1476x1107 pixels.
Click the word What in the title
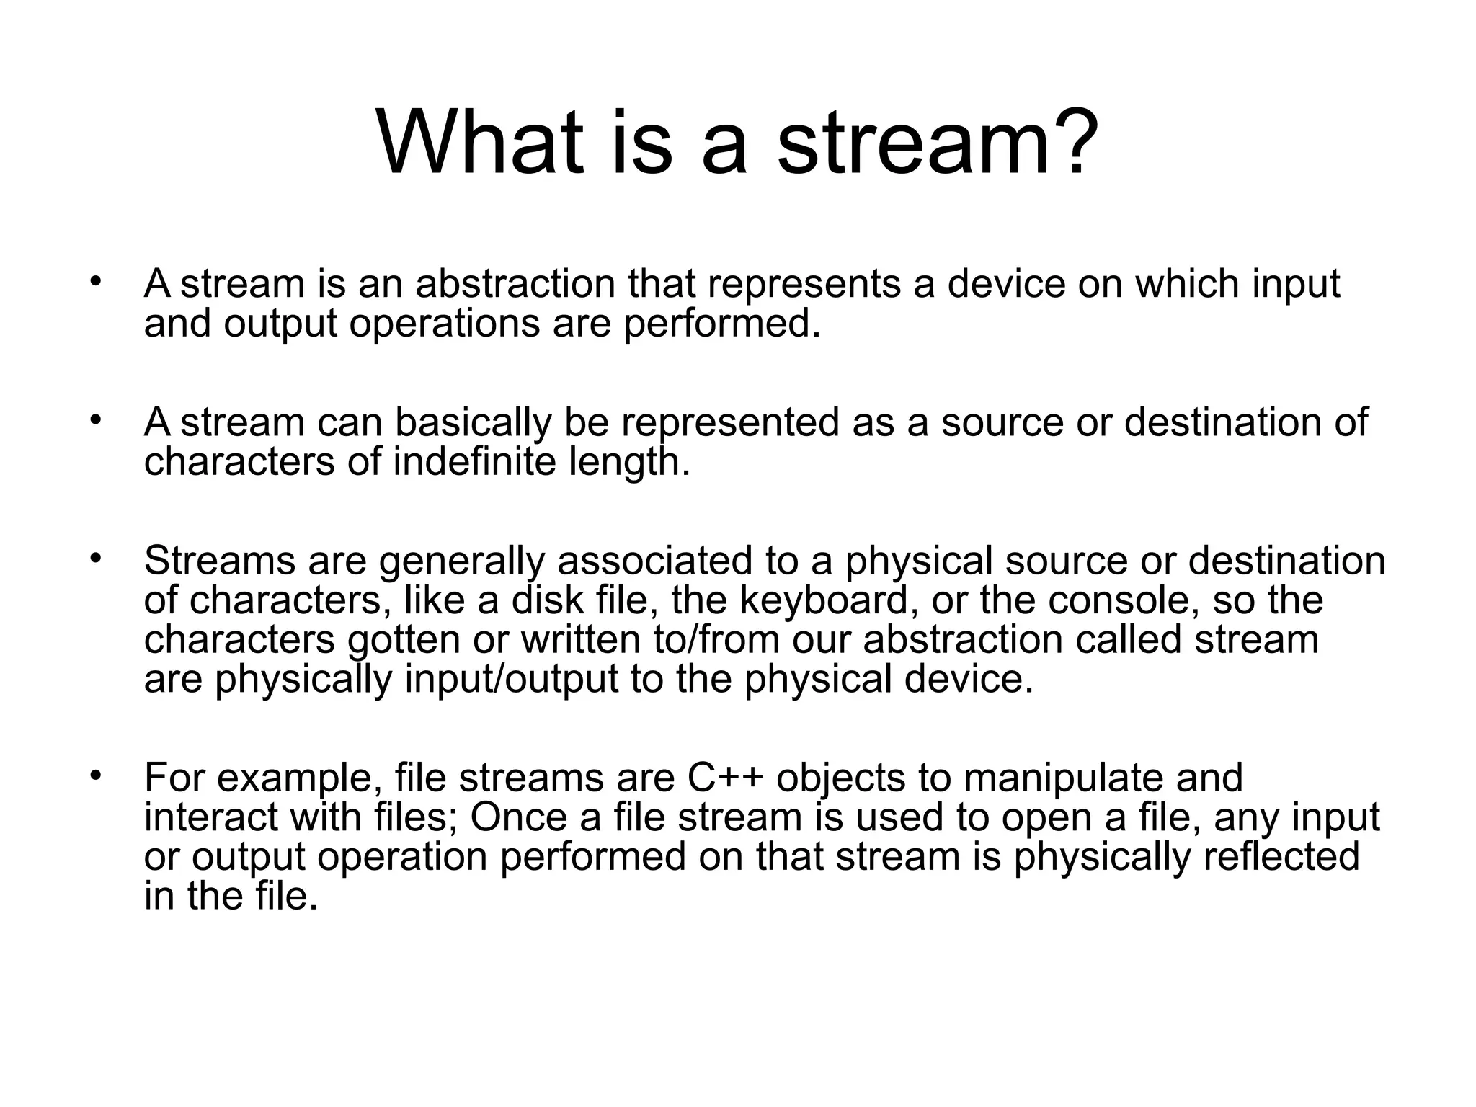480,142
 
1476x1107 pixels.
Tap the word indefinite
475,461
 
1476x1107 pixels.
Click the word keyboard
829,600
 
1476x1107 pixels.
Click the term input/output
511,679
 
